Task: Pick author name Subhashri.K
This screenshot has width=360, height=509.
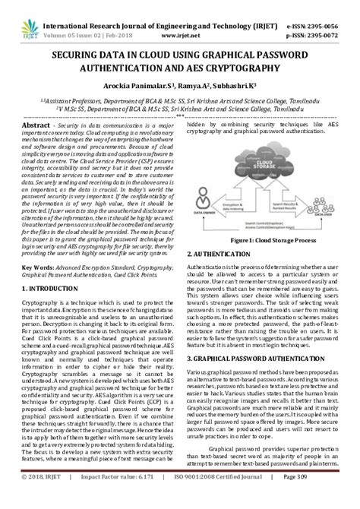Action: pos(235,86)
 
